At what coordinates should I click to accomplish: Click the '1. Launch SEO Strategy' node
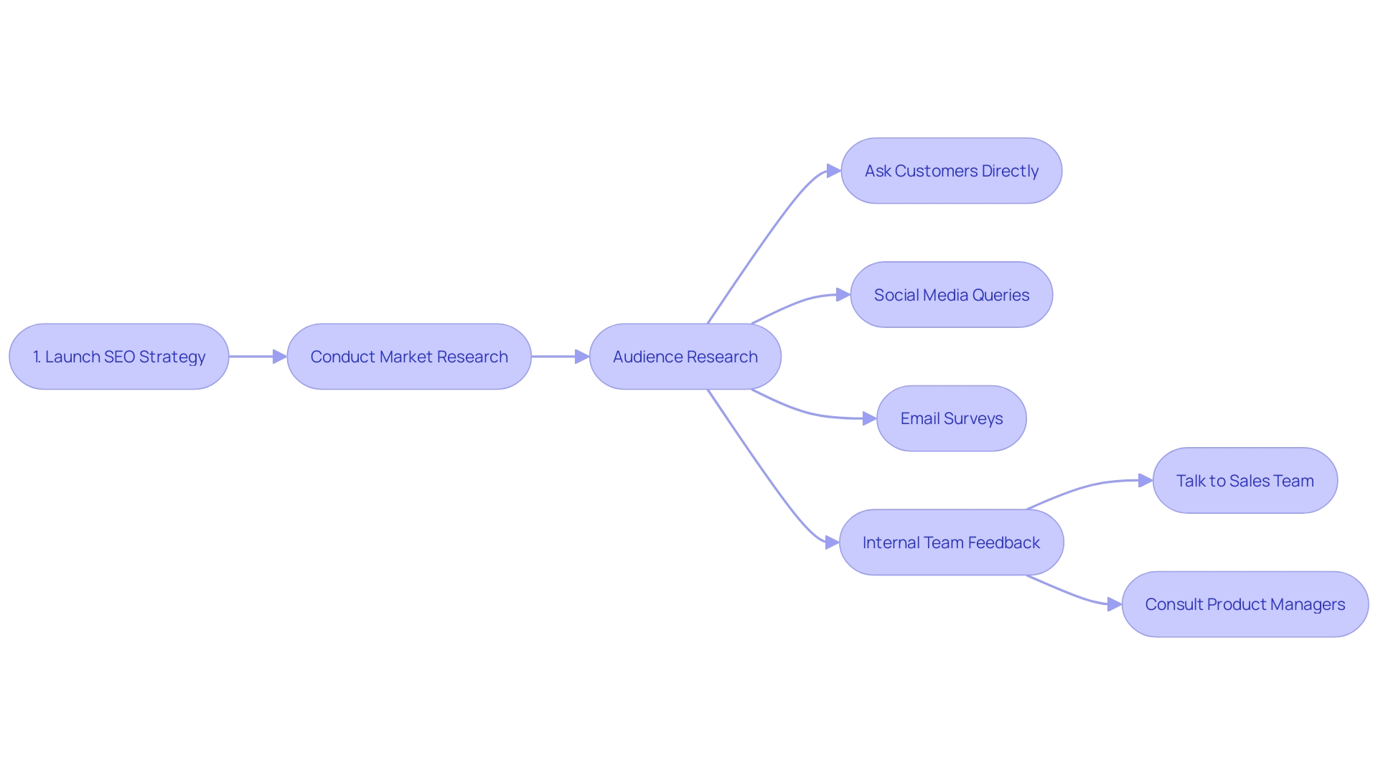119,357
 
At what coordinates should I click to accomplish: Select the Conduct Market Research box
409,357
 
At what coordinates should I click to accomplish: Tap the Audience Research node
685,357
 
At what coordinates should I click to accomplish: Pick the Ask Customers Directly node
951,171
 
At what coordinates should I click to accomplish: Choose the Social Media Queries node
951,295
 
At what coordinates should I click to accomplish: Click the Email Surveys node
951,418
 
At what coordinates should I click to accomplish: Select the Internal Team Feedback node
951,542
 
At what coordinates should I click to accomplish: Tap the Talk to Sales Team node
1245,481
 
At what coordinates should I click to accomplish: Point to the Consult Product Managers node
1245,604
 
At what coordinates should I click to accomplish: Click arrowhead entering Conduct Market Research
280,357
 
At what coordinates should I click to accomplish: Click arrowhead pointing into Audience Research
582,357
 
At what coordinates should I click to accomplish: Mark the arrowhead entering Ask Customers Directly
834,171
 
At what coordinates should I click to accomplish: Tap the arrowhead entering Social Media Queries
843,295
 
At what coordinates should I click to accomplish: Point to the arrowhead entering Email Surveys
869,418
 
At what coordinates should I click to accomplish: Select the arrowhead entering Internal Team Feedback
833,542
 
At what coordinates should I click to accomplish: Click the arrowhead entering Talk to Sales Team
1145,481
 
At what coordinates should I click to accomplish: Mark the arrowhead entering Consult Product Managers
1115,604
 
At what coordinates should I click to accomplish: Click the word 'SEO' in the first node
119,357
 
